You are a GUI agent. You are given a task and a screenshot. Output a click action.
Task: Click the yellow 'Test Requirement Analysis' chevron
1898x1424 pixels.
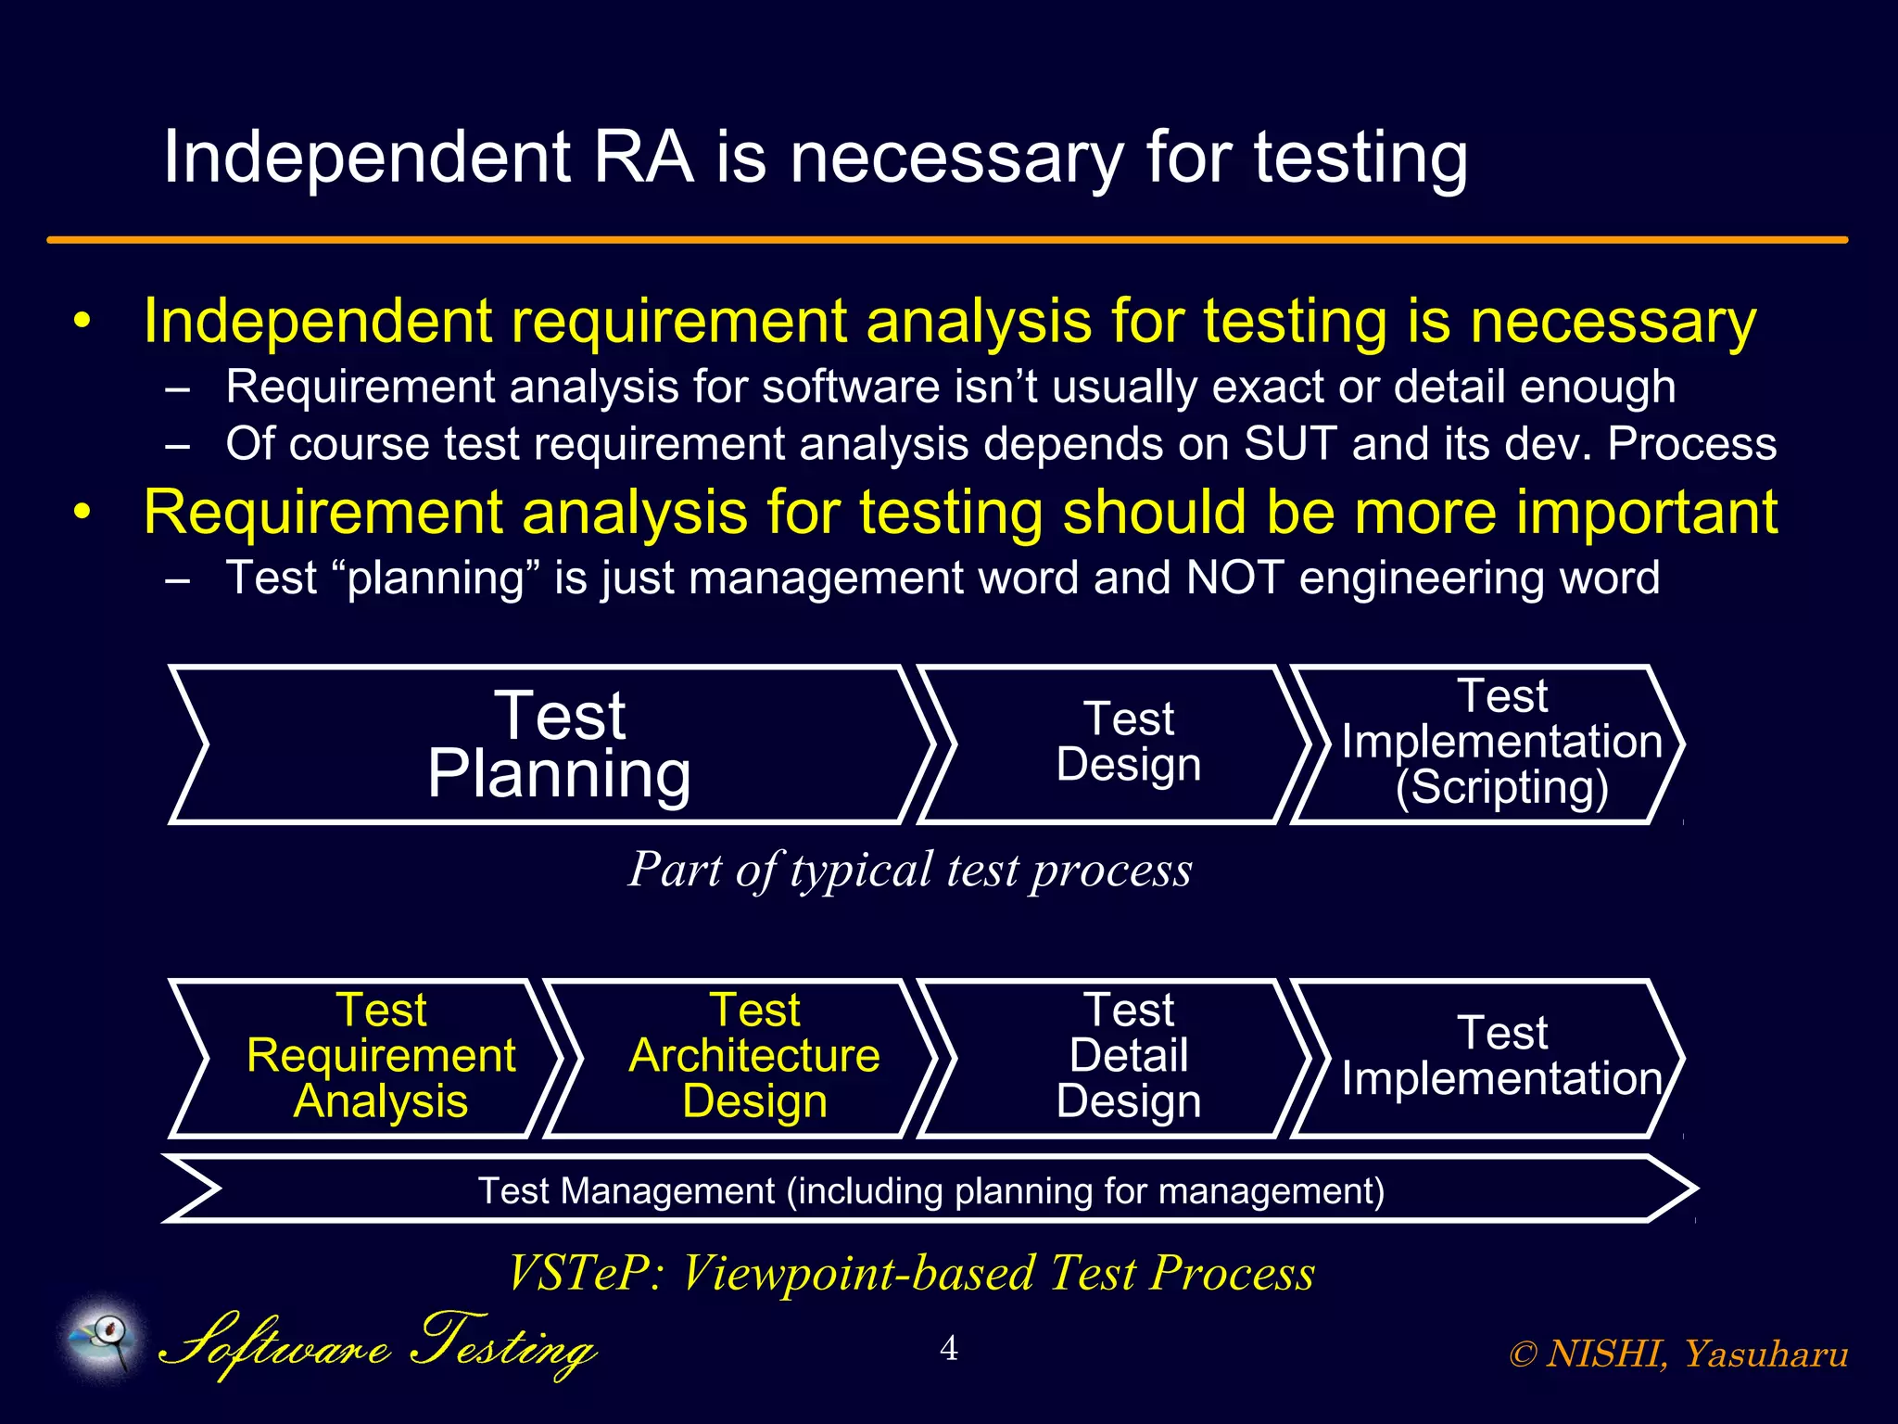(380, 1057)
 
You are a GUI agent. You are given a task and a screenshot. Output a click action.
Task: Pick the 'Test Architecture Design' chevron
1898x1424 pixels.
(753, 1057)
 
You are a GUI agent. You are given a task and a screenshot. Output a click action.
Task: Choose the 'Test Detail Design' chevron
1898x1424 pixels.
(1128, 1057)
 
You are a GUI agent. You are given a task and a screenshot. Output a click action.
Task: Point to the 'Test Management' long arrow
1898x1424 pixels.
(930, 1190)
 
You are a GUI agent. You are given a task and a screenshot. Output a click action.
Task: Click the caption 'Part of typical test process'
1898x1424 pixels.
(910, 870)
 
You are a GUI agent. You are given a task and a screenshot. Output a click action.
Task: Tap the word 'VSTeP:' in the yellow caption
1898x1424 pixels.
(586, 1273)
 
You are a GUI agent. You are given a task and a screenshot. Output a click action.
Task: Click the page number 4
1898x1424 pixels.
(948, 1348)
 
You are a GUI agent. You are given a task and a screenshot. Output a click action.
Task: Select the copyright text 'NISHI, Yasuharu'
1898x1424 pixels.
(1696, 1354)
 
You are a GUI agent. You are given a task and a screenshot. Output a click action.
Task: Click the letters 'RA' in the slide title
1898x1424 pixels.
(643, 158)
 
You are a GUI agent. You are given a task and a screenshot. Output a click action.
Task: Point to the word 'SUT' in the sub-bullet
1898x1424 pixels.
(1290, 444)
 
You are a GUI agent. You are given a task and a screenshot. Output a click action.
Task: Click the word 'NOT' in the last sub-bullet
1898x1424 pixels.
(1234, 578)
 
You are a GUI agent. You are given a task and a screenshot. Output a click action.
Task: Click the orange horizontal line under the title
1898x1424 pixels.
(947, 240)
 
